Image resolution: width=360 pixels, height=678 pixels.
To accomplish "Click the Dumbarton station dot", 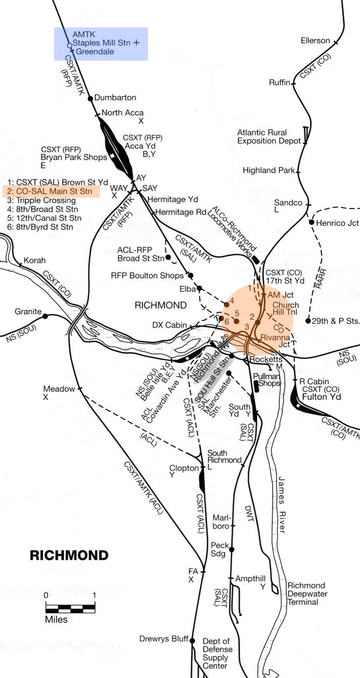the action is pyautogui.click(x=90, y=98).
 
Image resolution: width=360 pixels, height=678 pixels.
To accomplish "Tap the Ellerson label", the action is pyautogui.click(x=315, y=40).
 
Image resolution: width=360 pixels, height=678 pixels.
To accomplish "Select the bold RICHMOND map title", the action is pyautogui.click(x=69, y=555).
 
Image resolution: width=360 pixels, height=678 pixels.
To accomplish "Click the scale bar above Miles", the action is pyautogui.click(x=70, y=609).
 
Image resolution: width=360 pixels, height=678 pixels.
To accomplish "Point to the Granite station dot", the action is pyautogui.click(x=45, y=316).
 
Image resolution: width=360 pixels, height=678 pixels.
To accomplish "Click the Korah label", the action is pyautogui.click(x=34, y=260).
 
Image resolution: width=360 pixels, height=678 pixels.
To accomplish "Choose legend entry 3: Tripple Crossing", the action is pyautogui.click(x=41, y=200).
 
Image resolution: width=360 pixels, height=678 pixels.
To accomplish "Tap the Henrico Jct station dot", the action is pyautogui.click(x=312, y=222).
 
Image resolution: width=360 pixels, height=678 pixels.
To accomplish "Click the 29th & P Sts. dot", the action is pyautogui.click(x=308, y=321).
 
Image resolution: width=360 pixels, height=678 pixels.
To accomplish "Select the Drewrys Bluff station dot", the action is pyautogui.click(x=192, y=640).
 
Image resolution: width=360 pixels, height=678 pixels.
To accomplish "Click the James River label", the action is pyautogui.click(x=282, y=504).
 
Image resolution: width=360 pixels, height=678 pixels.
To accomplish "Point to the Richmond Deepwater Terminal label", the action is pyautogui.click(x=307, y=594).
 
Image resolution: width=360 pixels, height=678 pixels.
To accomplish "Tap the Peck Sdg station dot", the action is pyautogui.click(x=232, y=550).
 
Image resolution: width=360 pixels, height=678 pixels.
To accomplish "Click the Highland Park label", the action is pyautogui.click(x=268, y=170).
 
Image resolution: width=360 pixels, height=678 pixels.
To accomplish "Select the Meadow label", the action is pyautogui.click(x=59, y=389).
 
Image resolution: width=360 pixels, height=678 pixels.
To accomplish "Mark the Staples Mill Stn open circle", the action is pyautogui.click(x=70, y=46).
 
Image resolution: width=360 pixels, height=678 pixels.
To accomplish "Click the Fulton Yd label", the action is pyautogui.click(x=321, y=397).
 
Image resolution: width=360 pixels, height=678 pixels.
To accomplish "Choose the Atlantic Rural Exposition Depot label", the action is pyautogui.click(x=268, y=136).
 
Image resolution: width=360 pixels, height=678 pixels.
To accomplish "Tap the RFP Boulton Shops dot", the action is pyautogui.click(x=191, y=275).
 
